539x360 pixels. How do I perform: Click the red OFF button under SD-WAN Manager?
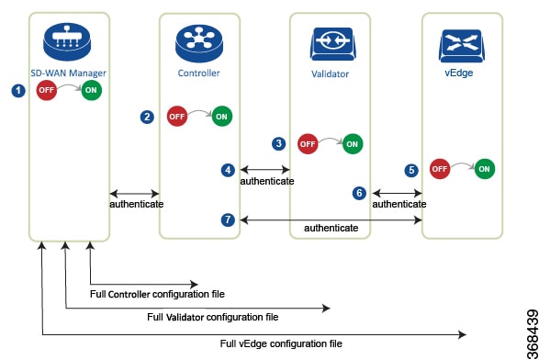(47, 91)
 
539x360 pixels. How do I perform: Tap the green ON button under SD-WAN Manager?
(92, 91)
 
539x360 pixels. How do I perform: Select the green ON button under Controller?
(222, 117)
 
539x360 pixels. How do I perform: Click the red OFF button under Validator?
(308, 144)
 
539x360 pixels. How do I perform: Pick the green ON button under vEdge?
(485, 170)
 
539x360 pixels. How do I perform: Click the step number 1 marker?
(16, 91)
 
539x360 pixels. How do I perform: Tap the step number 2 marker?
(147, 117)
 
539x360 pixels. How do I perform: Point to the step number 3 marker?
(279, 143)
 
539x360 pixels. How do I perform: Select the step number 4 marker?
(228, 170)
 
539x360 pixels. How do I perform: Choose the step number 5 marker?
(411, 170)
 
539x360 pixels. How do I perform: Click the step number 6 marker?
(359, 194)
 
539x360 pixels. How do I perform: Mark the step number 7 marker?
(228, 219)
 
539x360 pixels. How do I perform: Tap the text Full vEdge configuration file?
(280, 343)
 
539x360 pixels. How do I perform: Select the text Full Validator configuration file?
(213, 318)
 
